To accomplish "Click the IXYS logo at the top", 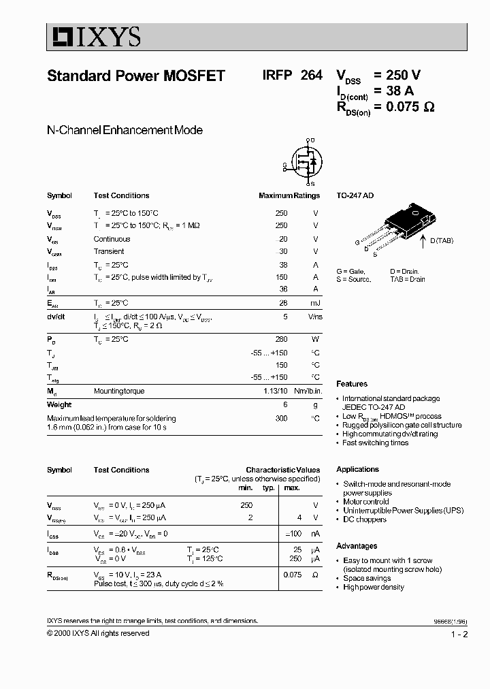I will [94, 37].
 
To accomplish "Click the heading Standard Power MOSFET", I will [135, 76].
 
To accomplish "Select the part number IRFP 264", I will [292, 76].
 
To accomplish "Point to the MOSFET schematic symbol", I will [301, 162].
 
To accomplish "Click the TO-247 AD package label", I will [355, 196].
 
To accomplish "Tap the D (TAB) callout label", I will [441, 240].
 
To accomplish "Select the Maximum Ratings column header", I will [289, 196].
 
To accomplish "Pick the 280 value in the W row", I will [281, 339].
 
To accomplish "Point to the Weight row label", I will [59, 404].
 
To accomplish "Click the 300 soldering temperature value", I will [281, 418].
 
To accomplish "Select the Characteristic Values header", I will [282, 470].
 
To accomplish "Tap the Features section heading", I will [352, 384].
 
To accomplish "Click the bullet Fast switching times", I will [375, 443].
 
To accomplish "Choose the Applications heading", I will [357, 470].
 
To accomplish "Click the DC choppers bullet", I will [364, 519].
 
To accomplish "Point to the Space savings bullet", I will [367, 578].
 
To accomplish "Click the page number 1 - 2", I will [459, 635].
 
